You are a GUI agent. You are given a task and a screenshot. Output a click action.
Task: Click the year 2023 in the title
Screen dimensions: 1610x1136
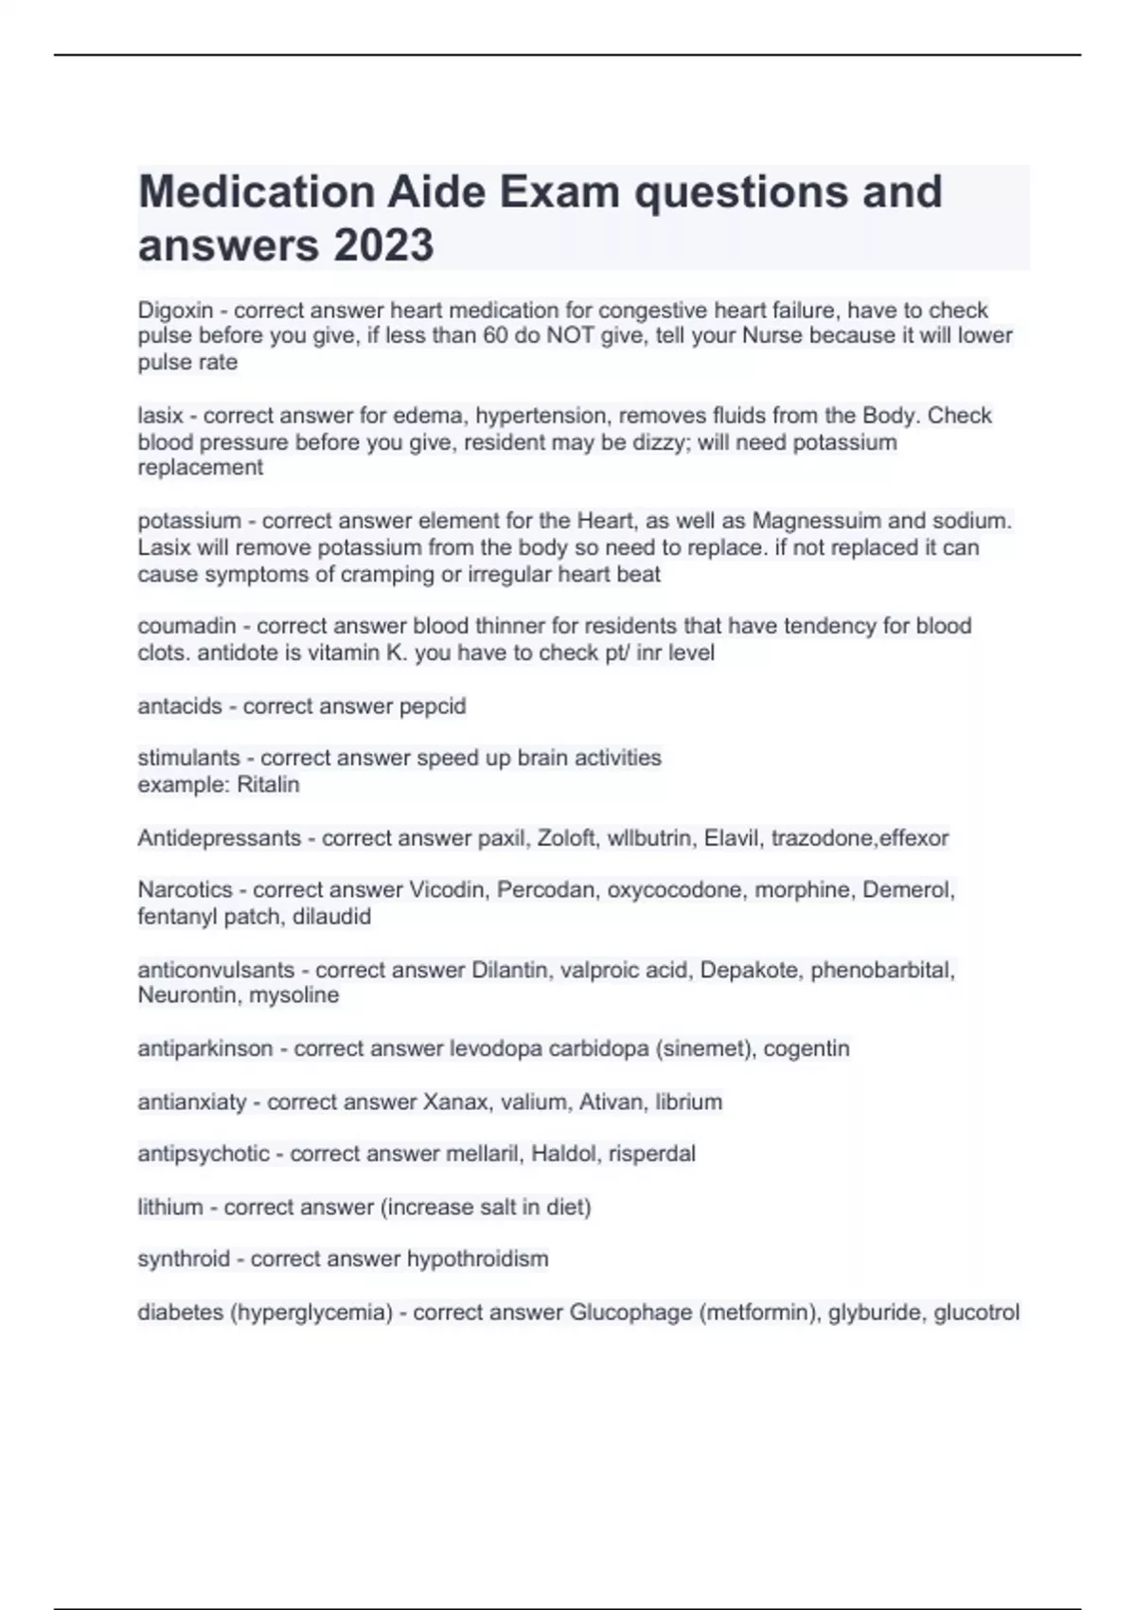[x=383, y=245]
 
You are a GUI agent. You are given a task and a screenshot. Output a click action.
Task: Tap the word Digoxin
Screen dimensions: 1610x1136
[x=175, y=311]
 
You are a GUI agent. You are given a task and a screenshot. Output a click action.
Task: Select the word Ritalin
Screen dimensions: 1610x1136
[x=268, y=785]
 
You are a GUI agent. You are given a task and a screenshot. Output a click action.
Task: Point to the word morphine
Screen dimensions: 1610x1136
[x=801, y=890]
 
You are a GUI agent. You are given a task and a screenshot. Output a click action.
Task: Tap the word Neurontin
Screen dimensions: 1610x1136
[x=187, y=995]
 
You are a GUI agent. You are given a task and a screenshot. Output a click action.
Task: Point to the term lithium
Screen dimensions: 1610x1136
[x=169, y=1207]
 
